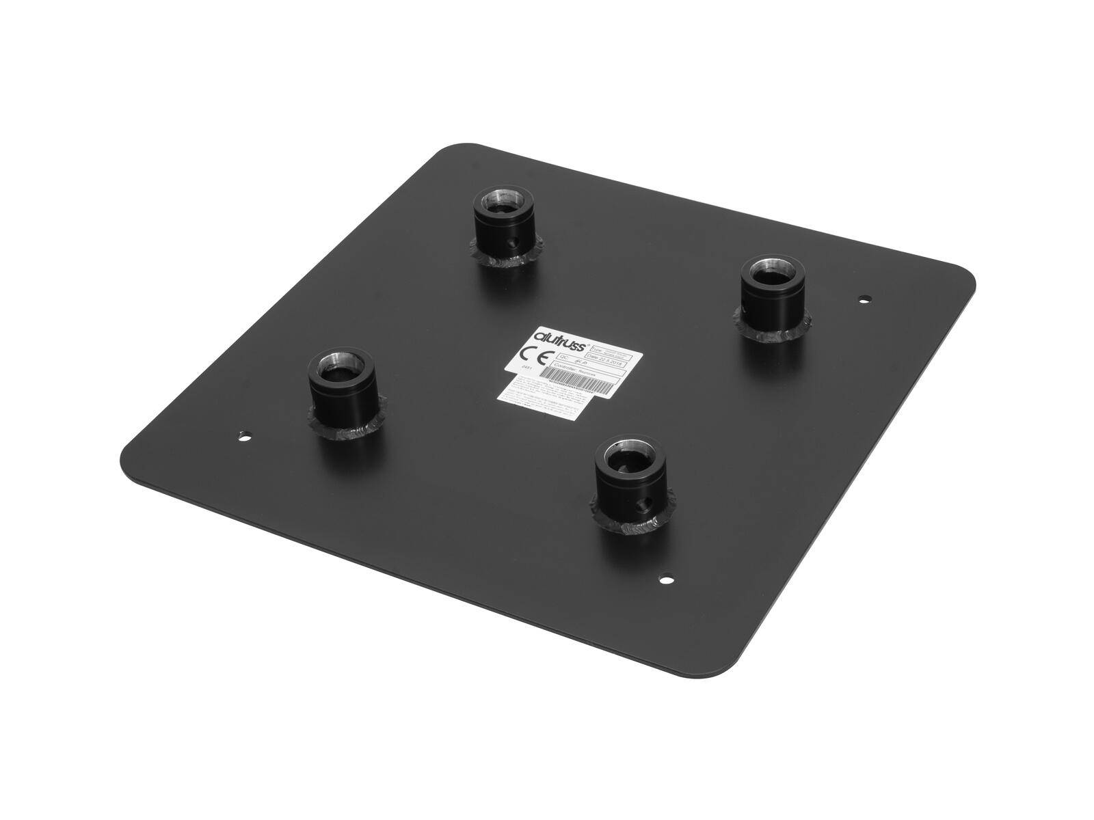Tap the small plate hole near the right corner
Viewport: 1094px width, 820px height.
coord(865,299)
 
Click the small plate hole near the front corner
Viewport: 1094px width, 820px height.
coord(664,580)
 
